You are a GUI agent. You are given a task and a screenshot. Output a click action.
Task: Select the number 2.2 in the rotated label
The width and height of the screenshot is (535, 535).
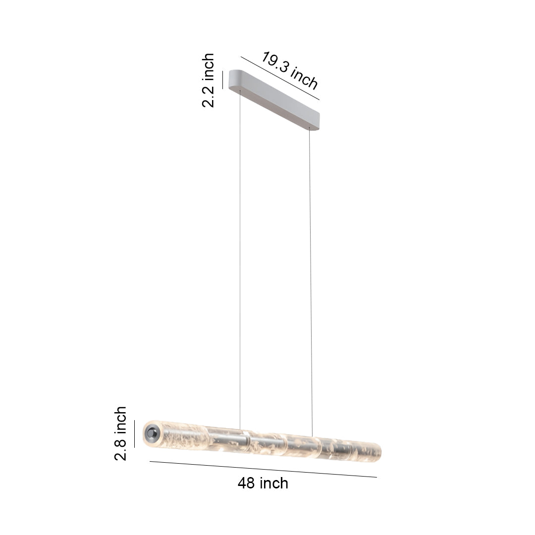point(208,96)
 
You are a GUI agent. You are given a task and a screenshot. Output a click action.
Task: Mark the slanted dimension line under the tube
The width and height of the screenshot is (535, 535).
point(263,469)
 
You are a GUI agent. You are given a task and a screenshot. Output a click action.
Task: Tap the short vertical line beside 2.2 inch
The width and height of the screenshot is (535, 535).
point(223,80)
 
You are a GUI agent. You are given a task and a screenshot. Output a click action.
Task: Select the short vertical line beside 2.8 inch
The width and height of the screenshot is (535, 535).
point(134,433)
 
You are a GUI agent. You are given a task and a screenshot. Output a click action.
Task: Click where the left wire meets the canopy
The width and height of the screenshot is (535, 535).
point(240,91)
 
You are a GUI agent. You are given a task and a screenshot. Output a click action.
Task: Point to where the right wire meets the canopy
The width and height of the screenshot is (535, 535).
point(310,129)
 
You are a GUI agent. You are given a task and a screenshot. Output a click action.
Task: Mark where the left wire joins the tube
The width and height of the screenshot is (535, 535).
point(240,429)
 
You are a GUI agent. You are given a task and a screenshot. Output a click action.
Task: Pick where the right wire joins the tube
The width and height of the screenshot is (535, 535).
point(312,436)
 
